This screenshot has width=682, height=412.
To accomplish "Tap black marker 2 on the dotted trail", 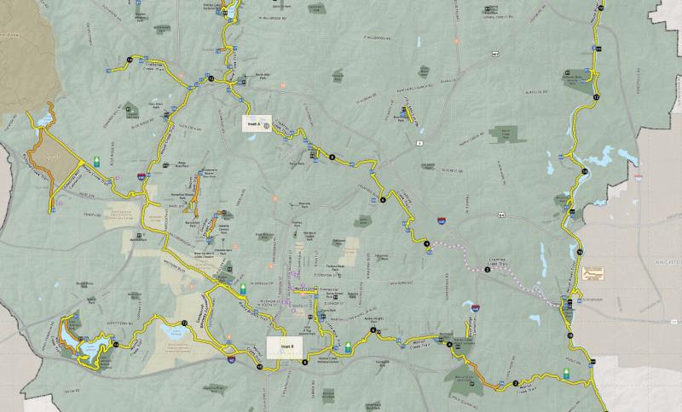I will [x=487, y=270].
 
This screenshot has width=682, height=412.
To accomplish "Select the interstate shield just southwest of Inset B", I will [x=233, y=361].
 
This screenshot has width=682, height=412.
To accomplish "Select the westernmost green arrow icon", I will [x=96, y=159].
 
